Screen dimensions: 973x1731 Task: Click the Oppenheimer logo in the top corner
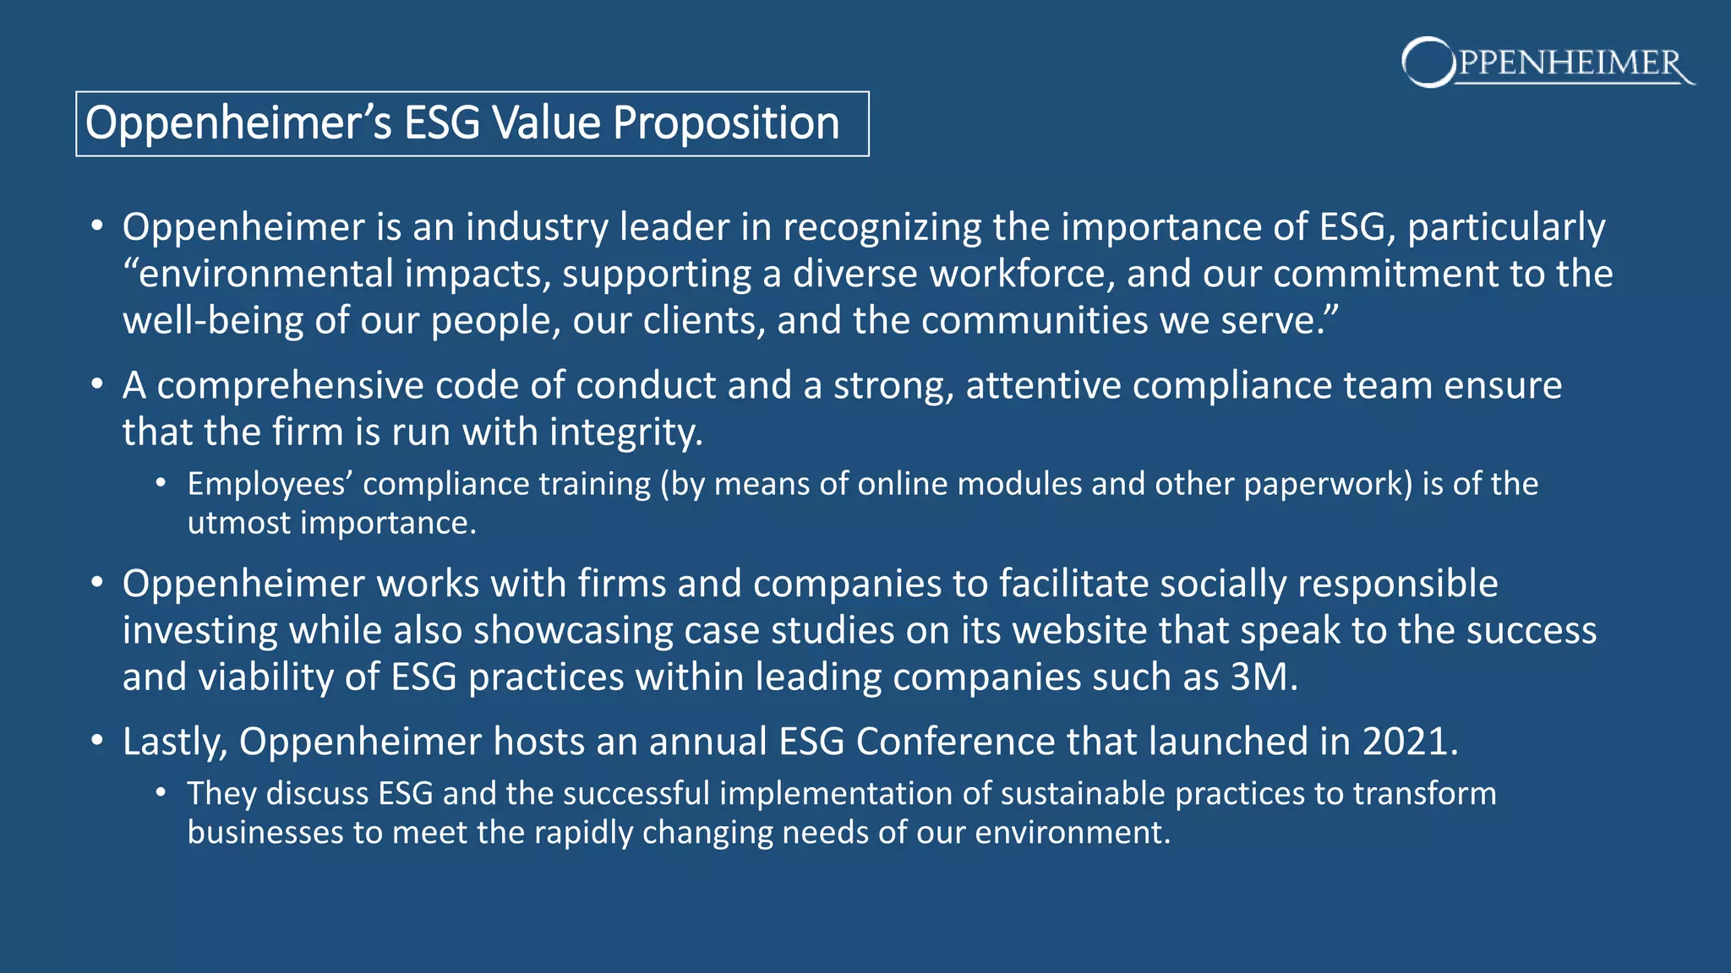pyautogui.click(x=1547, y=63)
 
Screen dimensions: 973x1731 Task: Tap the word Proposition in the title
pyautogui.click(x=726, y=123)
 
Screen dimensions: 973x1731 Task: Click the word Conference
pyautogui.click(x=954, y=742)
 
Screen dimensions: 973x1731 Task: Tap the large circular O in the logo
pyautogui.click(x=1428, y=62)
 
